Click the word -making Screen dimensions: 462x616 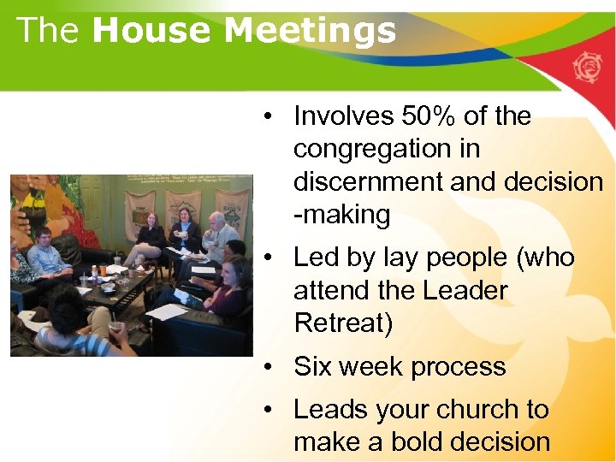[341, 215]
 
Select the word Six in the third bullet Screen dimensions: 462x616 [313, 366]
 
